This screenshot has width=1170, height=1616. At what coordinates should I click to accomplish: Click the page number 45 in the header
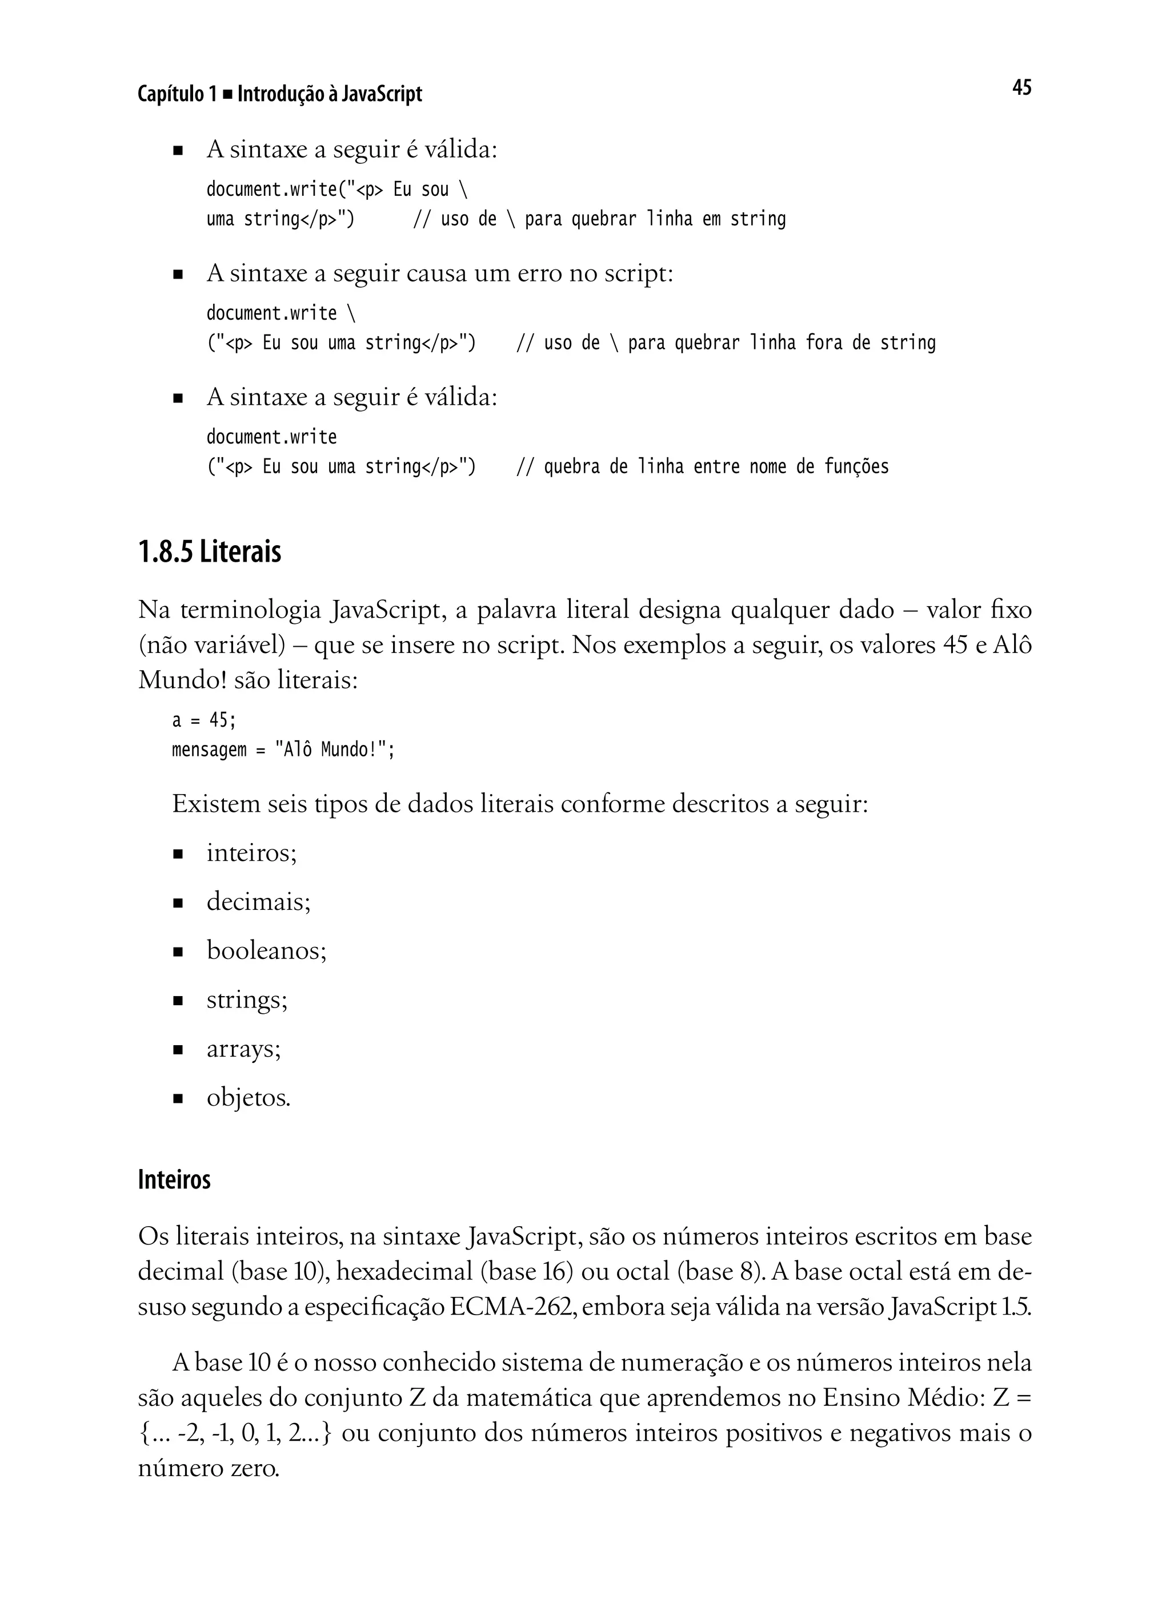[x=1021, y=88]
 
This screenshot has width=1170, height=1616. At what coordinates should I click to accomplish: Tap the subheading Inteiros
[x=174, y=1179]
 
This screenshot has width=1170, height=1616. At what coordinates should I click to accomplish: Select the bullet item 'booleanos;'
[x=267, y=950]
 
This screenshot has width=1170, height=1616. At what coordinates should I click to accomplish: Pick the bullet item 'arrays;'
[x=244, y=1049]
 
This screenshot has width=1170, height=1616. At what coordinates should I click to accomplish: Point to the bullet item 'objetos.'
[x=248, y=1098]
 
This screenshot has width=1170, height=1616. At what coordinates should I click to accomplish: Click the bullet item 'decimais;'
[x=259, y=902]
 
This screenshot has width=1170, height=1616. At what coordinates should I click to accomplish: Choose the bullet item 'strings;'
[x=247, y=1000]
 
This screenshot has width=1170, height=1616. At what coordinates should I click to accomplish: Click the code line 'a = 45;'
[x=203, y=720]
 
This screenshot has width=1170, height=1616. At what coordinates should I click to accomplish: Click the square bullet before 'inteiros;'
[x=178, y=853]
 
